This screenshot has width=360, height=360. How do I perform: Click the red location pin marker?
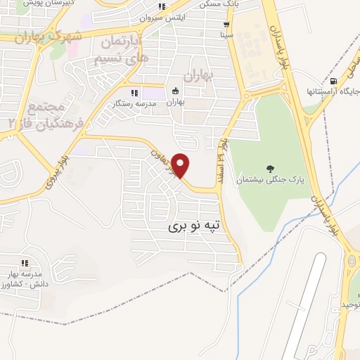pos(181,165)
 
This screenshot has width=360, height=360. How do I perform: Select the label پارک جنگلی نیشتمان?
pos(271,180)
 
